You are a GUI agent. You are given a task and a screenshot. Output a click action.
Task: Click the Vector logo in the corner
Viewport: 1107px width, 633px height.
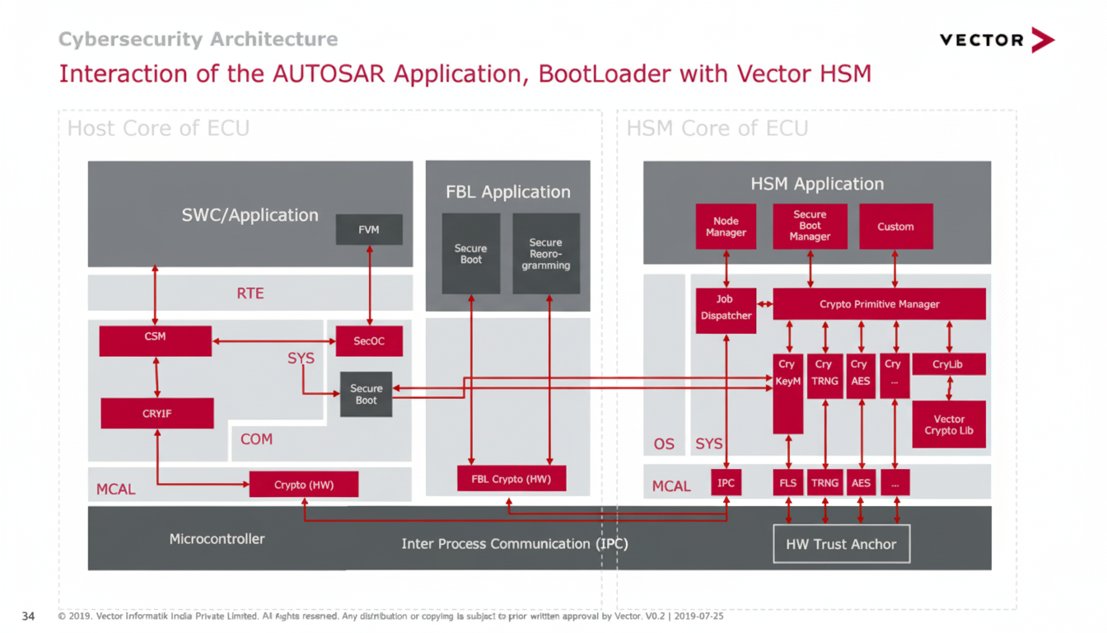point(997,40)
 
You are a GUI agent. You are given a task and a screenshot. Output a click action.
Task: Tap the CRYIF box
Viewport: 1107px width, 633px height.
point(156,413)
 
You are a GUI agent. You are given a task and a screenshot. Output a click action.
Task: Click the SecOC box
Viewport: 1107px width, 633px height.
point(369,340)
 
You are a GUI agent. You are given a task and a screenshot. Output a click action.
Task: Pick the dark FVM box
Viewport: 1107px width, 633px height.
point(369,229)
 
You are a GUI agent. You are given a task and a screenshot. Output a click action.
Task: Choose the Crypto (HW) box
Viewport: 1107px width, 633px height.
point(303,485)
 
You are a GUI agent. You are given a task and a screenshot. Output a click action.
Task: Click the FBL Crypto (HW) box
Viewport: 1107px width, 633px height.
point(511,478)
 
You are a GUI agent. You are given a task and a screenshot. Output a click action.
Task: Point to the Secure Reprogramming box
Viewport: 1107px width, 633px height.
point(545,254)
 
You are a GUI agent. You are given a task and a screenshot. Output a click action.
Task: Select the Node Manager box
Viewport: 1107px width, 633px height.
point(726,227)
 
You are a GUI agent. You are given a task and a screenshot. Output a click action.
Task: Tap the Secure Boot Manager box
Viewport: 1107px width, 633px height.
point(810,226)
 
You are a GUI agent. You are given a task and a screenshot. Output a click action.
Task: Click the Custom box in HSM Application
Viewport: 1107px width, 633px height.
point(895,227)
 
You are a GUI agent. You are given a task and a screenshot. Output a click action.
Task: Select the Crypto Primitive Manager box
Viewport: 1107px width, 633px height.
point(879,304)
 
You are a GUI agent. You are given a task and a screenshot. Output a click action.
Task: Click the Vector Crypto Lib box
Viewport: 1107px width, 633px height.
point(949,424)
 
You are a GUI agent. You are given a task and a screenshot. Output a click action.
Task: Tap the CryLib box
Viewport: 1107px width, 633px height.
point(948,364)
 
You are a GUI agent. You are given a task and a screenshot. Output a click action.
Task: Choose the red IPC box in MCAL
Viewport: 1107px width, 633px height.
point(726,483)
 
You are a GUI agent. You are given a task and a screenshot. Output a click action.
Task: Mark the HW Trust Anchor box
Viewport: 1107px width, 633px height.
point(841,544)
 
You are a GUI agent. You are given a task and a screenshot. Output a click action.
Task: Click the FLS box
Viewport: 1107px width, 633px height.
point(788,483)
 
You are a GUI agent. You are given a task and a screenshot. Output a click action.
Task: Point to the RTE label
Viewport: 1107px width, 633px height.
point(250,293)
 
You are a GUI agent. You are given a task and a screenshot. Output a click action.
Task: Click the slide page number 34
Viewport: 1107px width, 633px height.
point(28,617)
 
